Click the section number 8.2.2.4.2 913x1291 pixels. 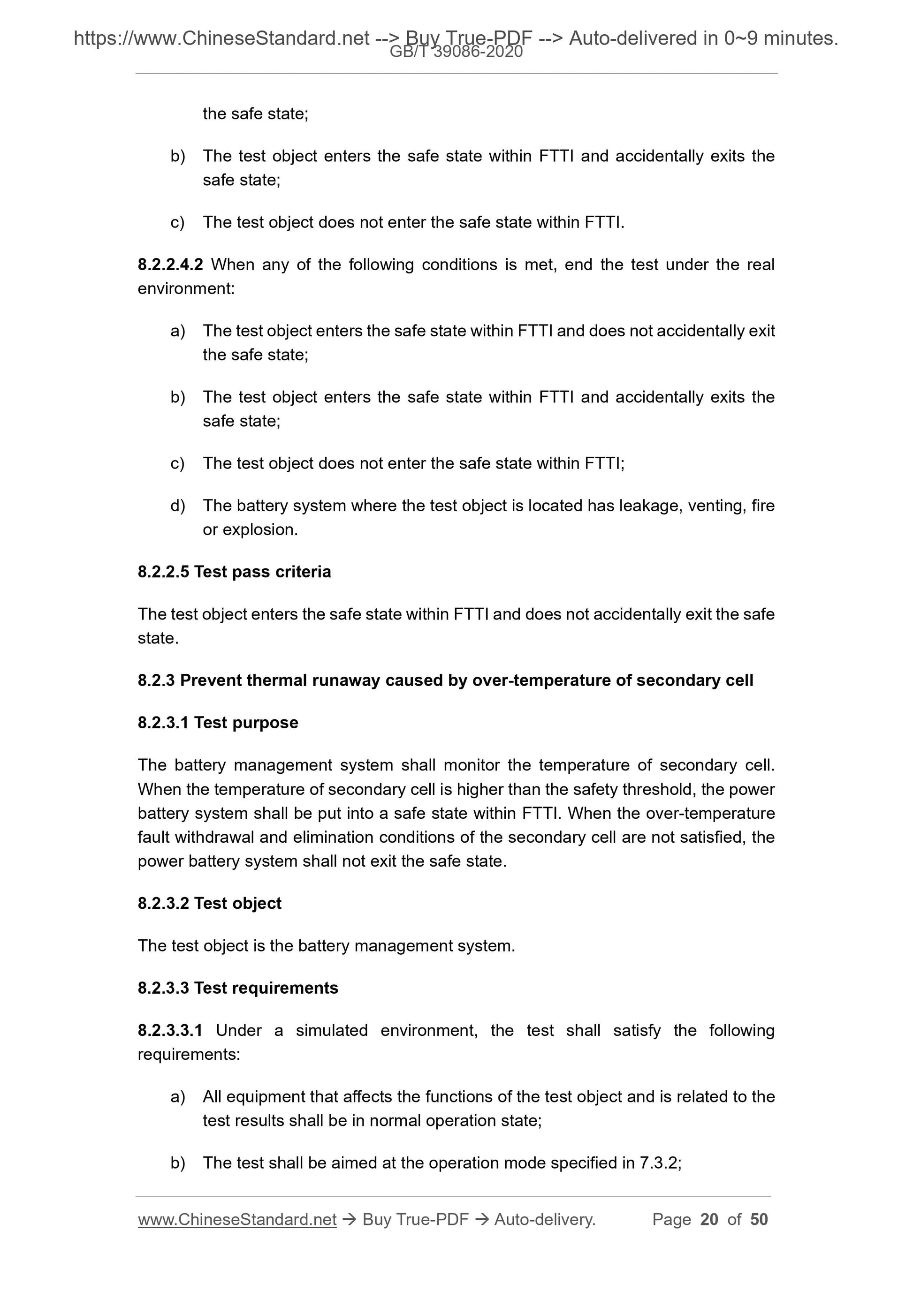point(170,265)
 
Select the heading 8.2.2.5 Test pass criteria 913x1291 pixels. point(234,572)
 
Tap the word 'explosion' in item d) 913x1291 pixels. point(260,529)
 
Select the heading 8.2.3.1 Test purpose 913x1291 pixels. point(218,723)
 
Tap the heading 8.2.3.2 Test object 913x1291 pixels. point(209,903)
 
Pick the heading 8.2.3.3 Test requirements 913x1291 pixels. point(237,988)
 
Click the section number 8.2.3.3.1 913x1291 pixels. point(170,1030)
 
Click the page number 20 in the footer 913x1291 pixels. point(709,1219)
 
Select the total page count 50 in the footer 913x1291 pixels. point(759,1219)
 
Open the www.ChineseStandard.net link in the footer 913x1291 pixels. point(237,1220)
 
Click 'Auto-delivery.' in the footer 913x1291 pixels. point(545,1219)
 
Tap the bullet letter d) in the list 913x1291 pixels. point(178,506)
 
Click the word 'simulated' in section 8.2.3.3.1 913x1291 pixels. point(331,1030)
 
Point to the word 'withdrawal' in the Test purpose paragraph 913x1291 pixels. point(214,837)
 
